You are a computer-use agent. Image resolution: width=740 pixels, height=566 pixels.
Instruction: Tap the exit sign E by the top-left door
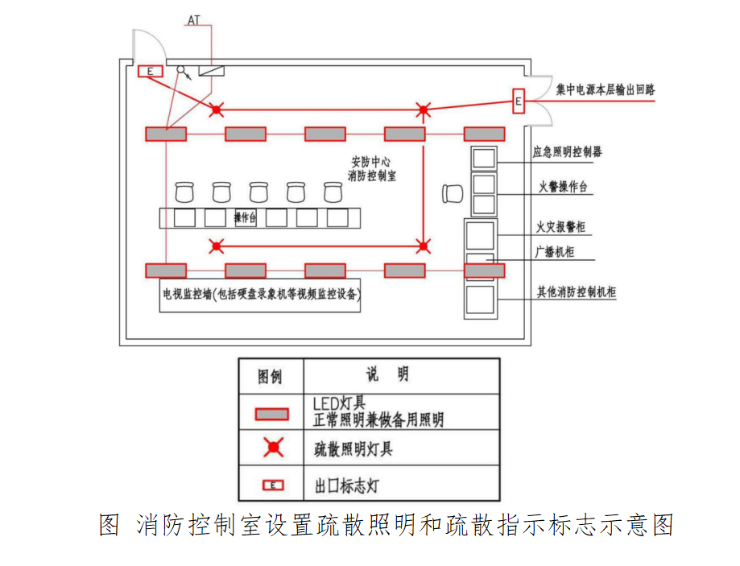coord(150,72)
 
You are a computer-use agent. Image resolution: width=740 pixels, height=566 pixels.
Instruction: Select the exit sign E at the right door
coord(519,101)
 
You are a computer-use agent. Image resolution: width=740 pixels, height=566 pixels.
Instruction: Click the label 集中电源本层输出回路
coord(605,90)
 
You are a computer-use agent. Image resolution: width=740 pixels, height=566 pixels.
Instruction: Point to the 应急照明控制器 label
coord(567,151)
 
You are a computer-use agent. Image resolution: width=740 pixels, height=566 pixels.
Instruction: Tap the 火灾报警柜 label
coord(560,228)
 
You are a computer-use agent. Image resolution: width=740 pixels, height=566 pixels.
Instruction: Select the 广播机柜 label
coord(555,251)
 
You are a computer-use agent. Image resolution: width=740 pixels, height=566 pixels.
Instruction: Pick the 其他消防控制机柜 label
coord(576,292)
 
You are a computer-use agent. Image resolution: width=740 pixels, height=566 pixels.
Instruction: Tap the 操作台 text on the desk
coord(246,217)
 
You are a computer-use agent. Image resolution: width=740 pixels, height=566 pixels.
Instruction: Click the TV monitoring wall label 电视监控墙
coord(187,295)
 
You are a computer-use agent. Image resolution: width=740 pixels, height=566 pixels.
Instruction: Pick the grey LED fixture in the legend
coord(272,414)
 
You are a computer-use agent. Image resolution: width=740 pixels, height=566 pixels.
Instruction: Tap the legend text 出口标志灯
coord(346,485)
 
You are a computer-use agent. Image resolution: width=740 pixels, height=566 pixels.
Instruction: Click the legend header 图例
coord(271,377)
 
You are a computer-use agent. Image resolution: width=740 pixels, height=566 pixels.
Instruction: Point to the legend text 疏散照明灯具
coord(353,448)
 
